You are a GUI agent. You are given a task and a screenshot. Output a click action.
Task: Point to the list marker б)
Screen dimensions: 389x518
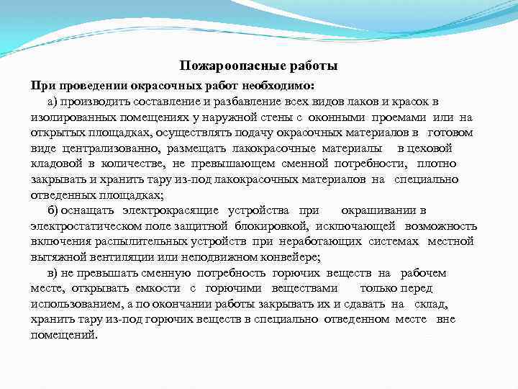(54, 210)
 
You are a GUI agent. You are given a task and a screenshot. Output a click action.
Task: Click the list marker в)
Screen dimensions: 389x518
(54, 273)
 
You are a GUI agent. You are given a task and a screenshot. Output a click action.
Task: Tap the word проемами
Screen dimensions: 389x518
(399, 117)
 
